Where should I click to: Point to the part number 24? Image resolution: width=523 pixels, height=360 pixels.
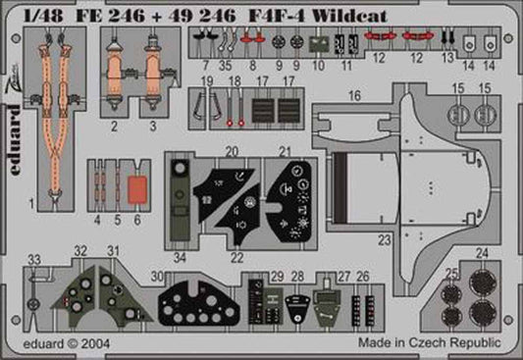point(480,252)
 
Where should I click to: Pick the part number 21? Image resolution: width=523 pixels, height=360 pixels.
point(285,151)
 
